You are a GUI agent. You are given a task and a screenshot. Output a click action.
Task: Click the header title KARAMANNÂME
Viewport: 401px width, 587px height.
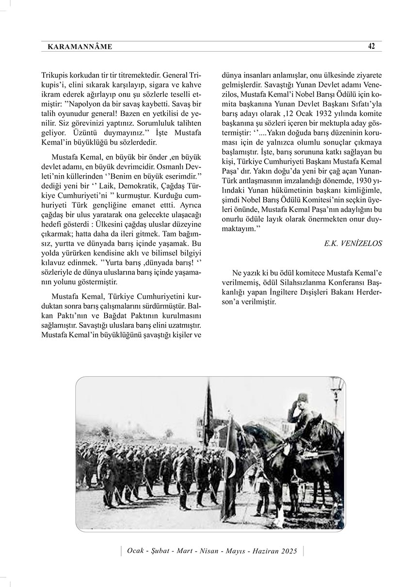coord(80,47)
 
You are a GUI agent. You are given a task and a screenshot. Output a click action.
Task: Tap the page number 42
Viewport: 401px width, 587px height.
coord(371,46)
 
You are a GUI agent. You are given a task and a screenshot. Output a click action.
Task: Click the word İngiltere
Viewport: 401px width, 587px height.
coord(270,293)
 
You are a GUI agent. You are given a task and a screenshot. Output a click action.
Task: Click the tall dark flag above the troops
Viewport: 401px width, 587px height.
coord(209,406)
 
